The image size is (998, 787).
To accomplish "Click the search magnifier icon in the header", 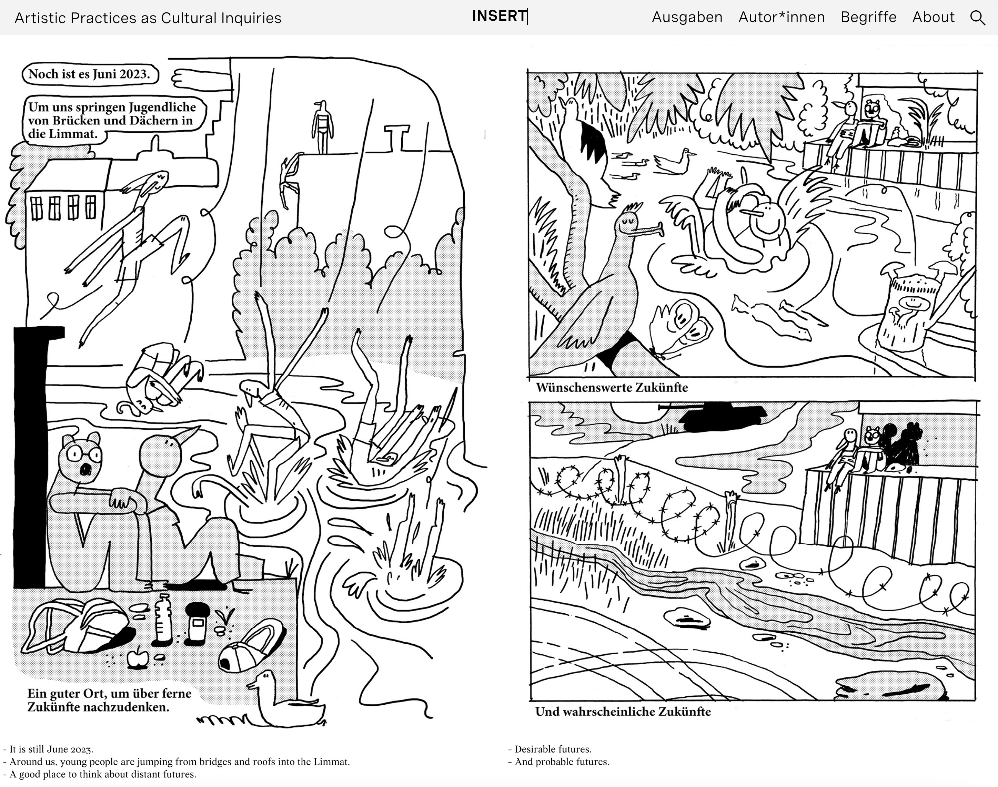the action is pos(978,18).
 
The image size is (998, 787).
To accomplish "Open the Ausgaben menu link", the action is pos(687,18).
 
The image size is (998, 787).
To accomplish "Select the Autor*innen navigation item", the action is pos(782,18).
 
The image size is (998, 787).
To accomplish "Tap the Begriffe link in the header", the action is pos(868,18).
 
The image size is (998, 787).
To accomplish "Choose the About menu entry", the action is pos(934,18).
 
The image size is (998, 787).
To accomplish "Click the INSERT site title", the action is pos(499,16).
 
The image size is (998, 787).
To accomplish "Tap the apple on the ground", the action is pos(137,658).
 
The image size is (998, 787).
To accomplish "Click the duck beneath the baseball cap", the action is pos(286,701).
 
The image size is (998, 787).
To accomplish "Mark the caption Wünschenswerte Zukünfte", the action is pos(612,388).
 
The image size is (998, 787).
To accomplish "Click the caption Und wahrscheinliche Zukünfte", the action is pos(623,712).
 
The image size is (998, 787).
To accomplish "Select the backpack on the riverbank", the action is pos(78,626).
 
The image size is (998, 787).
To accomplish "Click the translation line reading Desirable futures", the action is pos(550,749).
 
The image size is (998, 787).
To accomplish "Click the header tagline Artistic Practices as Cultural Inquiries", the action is pos(148,18).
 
